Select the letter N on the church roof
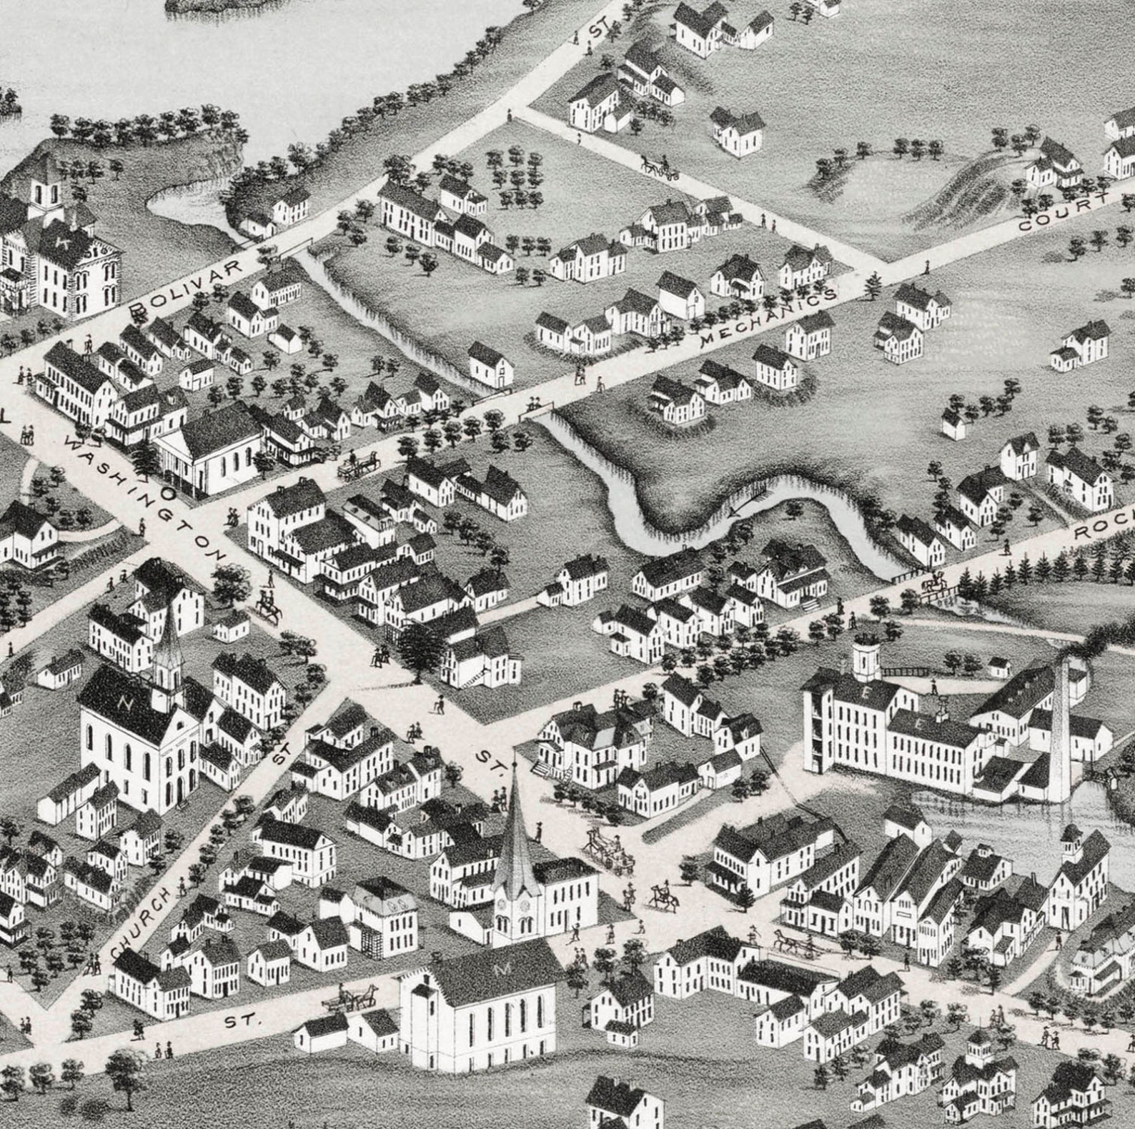tap(127, 703)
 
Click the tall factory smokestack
tap(1061, 729)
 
